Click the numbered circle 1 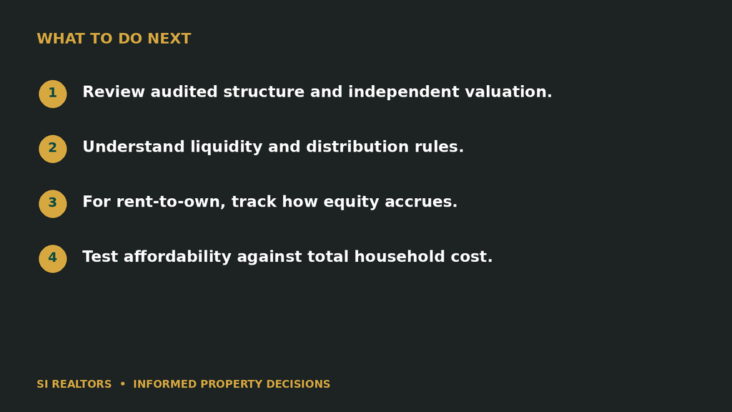point(53,94)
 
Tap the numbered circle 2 point(53,149)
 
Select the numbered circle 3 point(53,204)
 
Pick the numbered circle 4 point(53,259)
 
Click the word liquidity point(227,147)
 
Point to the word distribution point(357,147)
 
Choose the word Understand point(134,147)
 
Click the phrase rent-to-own point(171,202)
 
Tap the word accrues point(421,202)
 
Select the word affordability point(177,257)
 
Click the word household point(400,257)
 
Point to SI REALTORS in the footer point(74,384)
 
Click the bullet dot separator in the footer point(123,384)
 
